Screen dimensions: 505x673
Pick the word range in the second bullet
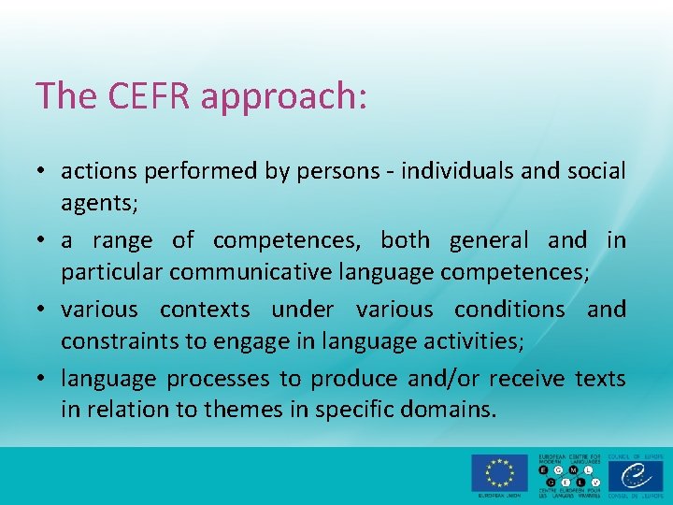coord(122,241)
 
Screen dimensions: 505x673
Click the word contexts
coord(205,310)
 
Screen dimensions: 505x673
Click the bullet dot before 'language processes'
coord(43,379)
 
